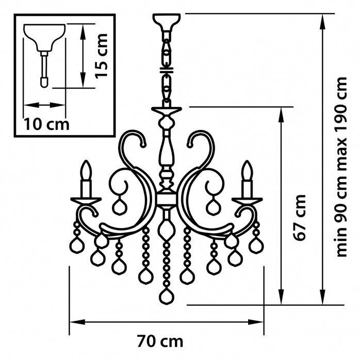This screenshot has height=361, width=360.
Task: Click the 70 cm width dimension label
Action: (160, 341)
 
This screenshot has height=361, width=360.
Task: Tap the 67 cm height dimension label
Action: (299, 218)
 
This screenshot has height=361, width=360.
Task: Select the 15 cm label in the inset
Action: (102, 56)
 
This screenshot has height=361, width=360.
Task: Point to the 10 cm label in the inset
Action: (46, 125)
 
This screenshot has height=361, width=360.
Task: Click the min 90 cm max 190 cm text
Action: (341, 167)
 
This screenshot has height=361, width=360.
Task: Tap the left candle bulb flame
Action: (86, 170)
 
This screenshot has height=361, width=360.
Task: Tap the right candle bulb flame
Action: (247, 170)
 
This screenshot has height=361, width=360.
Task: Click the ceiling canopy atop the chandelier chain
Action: (167, 23)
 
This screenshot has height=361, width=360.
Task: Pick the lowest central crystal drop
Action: (167, 297)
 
